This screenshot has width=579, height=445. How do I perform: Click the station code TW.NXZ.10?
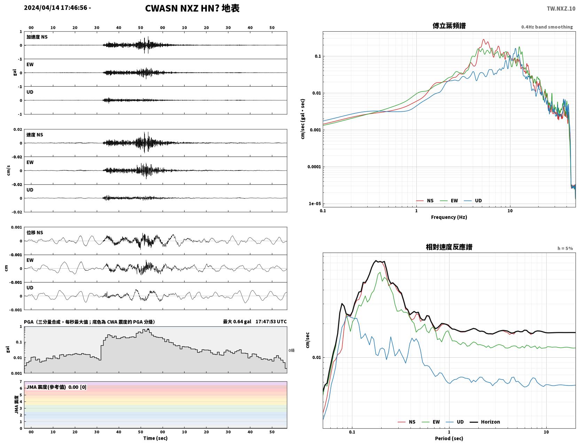[561, 8]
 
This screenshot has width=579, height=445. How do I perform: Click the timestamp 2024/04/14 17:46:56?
[56, 8]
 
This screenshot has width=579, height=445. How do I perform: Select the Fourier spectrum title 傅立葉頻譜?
[449, 26]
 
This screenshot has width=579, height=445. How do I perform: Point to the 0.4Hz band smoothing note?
[547, 27]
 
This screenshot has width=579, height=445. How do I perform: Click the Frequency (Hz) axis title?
[449, 217]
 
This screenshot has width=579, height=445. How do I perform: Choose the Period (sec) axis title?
[449, 438]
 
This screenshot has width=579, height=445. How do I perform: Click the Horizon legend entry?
[485, 422]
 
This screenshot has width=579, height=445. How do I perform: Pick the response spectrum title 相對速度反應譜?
[449, 247]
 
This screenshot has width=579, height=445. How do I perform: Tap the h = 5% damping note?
[565, 248]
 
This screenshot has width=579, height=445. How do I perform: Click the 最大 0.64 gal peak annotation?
[237, 321]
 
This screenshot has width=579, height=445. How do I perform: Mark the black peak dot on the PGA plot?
[148, 329]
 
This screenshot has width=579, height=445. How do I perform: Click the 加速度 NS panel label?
[37, 37]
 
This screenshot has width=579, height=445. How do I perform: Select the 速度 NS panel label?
[34, 135]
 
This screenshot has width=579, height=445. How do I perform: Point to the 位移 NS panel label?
[34, 232]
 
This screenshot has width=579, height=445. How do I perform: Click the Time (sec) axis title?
[155, 438]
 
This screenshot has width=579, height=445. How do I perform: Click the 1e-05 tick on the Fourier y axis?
[315, 204]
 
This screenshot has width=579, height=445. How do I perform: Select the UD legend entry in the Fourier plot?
[473, 201]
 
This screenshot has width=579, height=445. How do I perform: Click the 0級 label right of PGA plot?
[291, 350]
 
